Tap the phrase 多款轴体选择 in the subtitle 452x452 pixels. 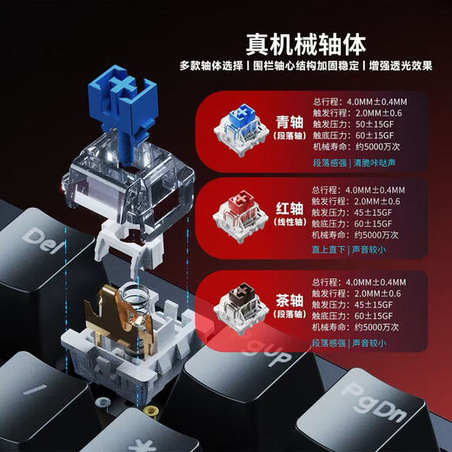click(x=209, y=66)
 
